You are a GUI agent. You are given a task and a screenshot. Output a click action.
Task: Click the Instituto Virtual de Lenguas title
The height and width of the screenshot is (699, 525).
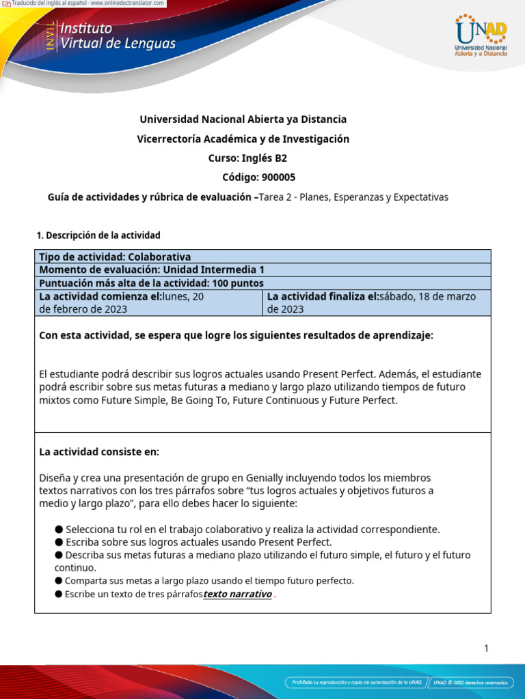tap(118, 36)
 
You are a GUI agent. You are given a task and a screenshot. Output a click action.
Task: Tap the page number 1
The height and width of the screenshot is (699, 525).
tap(486, 648)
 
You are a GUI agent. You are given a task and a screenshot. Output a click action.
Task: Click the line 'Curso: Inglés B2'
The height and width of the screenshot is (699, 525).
tap(243, 158)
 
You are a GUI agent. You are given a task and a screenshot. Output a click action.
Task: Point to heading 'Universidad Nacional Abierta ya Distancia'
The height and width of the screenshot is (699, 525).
tap(243, 119)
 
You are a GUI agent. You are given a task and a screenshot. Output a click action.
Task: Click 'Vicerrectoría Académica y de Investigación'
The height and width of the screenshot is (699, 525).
tap(243, 139)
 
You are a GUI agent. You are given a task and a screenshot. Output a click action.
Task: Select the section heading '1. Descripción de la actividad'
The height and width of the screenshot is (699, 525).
tap(98, 236)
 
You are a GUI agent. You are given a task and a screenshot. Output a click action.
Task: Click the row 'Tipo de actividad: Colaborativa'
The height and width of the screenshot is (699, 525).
tap(115, 257)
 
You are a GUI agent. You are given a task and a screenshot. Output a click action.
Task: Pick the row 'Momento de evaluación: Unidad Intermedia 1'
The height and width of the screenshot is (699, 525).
tap(151, 270)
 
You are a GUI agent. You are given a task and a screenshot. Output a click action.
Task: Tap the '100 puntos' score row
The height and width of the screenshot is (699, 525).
tap(151, 283)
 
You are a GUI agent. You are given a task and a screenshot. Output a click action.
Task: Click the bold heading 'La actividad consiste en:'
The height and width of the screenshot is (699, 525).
tap(99, 452)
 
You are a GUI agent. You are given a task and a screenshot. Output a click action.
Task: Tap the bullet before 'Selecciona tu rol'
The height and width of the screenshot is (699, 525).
tap(59, 530)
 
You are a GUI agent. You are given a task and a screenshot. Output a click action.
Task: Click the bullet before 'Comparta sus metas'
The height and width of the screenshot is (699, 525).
tap(59, 581)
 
